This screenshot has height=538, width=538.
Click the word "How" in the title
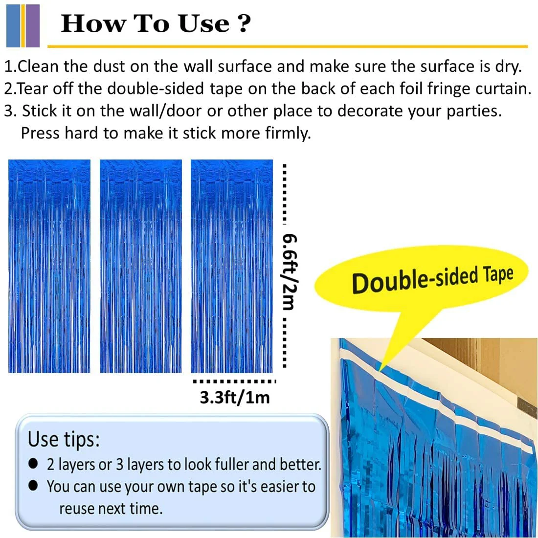pyautogui.click(x=87, y=23)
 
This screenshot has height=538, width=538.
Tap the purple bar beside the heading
pyautogui.click(x=32, y=25)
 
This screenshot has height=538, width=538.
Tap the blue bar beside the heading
pyautogui.click(x=13, y=25)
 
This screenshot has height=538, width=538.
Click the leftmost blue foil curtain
pyautogui.click(x=49, y=267)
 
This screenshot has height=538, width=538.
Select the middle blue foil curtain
pyautogui.click(x=141, y=267)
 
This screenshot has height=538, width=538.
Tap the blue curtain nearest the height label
pyautogui.click(x=232, y=267)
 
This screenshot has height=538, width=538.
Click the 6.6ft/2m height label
pyautogui.click(x=290, y=271)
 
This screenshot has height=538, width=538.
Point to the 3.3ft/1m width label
pyautogui.click(x=235, y=397)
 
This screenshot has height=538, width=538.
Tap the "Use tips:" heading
pyautogui.click(x=64, y=439)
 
